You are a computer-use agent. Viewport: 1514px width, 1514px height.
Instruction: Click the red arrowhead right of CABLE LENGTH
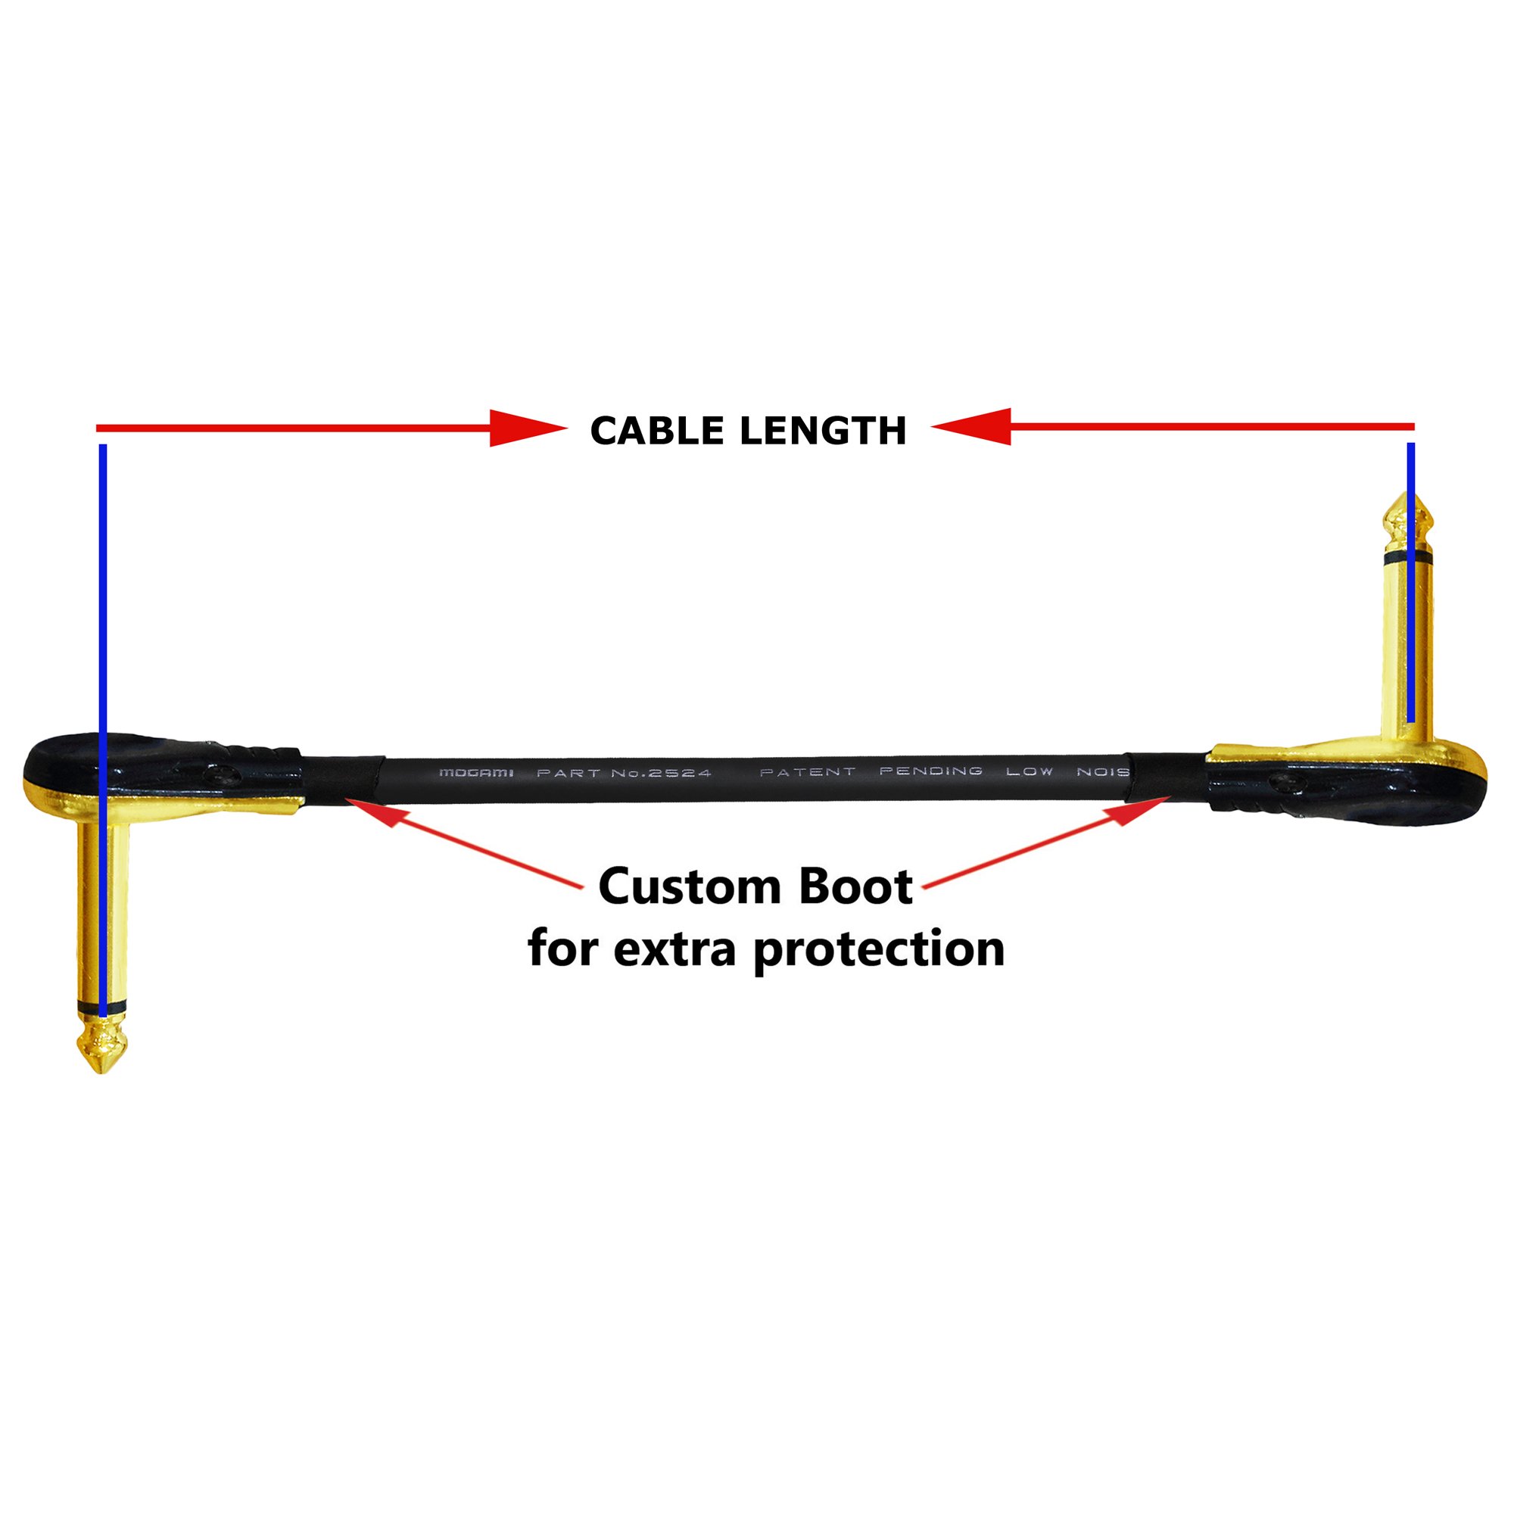point(971,427)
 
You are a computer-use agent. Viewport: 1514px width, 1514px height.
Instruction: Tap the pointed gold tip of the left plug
point(102,1069)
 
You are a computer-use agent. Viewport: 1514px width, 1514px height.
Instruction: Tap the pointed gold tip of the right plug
point(1407,493)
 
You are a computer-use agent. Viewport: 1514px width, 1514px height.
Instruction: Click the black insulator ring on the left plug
point(102,1005)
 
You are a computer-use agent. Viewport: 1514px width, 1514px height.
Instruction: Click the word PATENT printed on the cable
point(808,772)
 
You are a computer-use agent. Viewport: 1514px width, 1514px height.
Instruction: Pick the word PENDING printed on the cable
point(931,771)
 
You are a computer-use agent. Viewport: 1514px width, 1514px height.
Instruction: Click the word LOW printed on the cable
point(1030,771)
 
